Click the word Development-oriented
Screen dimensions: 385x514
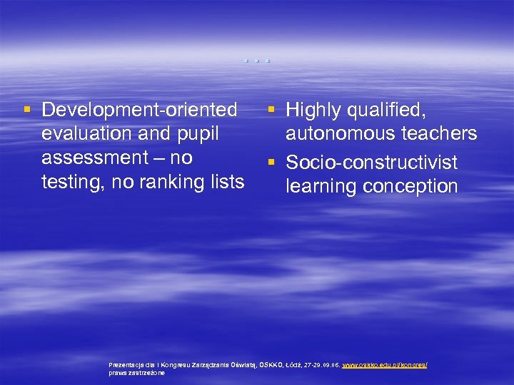[x=139, y=110]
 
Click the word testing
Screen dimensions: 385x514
[x=69, y=182]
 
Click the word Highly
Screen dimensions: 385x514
[x=316, y=110]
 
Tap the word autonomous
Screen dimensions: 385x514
[x=346, y=133]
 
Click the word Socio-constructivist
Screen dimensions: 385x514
[x=371, y=163]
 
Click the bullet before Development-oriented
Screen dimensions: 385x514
[x=26, y=110]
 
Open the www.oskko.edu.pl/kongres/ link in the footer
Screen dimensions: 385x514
[x=385, y=364]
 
